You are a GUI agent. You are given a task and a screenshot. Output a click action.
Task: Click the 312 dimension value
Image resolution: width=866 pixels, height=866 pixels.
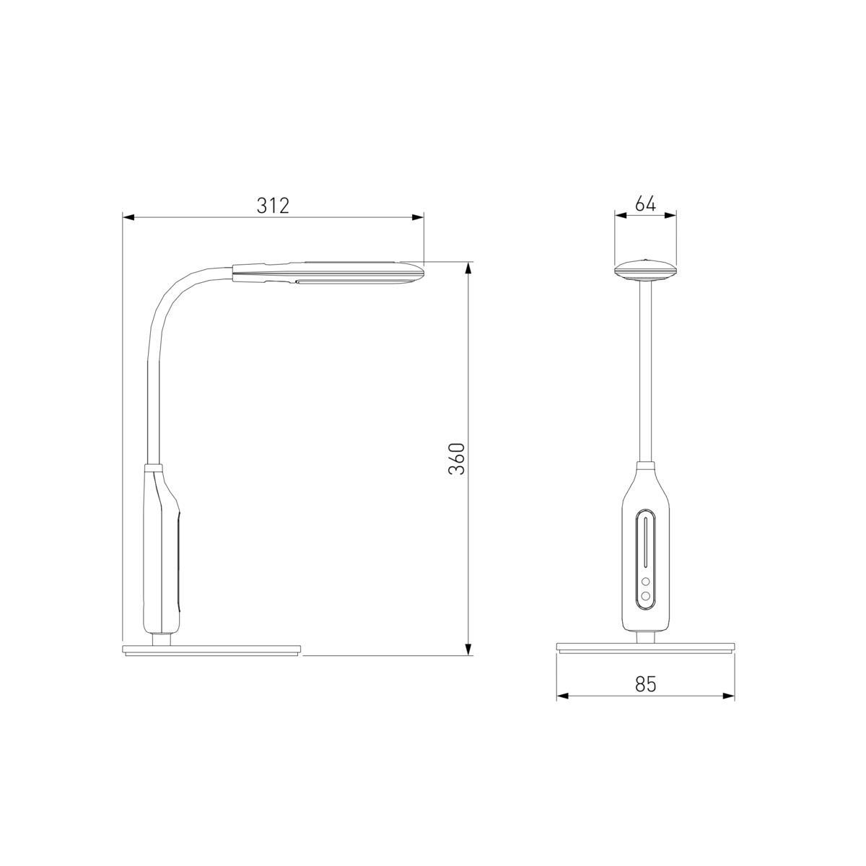point(273,206)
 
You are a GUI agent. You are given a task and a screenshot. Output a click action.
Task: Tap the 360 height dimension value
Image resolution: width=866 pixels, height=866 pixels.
point(457,459)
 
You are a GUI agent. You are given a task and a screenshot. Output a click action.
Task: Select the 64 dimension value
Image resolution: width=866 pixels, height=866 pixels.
point(645,204)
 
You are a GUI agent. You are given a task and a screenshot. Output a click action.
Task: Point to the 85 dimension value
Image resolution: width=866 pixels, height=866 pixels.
point(646,683)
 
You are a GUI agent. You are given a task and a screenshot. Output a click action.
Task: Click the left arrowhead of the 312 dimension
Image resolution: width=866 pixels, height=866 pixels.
point(128,217)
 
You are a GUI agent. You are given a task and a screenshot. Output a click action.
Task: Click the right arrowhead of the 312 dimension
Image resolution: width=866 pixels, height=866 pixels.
point(418,217)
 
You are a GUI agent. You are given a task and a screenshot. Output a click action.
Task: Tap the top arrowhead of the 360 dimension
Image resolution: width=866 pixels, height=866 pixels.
point(468,268)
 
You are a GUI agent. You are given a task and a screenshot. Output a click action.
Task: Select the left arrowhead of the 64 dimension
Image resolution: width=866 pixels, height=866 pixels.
point(621,215)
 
